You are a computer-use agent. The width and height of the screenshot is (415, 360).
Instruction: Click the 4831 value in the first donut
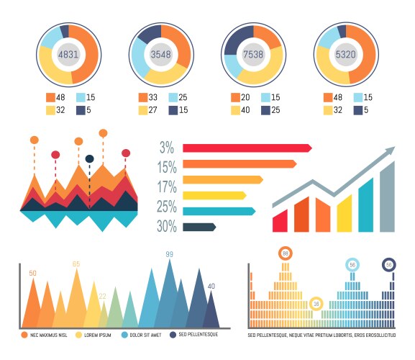69,54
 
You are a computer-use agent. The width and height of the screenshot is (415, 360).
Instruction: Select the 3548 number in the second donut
161,54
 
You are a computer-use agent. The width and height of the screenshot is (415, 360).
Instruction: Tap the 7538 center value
253,54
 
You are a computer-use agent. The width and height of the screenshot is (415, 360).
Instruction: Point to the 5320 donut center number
346,54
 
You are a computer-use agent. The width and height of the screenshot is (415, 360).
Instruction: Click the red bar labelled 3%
245,148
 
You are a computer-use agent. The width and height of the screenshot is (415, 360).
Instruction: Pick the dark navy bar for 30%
199,227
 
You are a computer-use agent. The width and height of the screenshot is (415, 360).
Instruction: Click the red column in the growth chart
280,220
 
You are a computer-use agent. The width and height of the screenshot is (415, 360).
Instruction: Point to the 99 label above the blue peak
170,254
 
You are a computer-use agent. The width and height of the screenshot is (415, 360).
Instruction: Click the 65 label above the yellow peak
76,264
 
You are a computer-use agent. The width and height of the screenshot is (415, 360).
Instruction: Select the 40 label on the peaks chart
211,286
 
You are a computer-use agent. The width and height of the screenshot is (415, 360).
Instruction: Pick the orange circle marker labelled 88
286,253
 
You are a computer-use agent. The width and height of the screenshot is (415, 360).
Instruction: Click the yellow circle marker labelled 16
316,304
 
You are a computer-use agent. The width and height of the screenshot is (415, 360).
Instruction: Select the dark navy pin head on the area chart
89,158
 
